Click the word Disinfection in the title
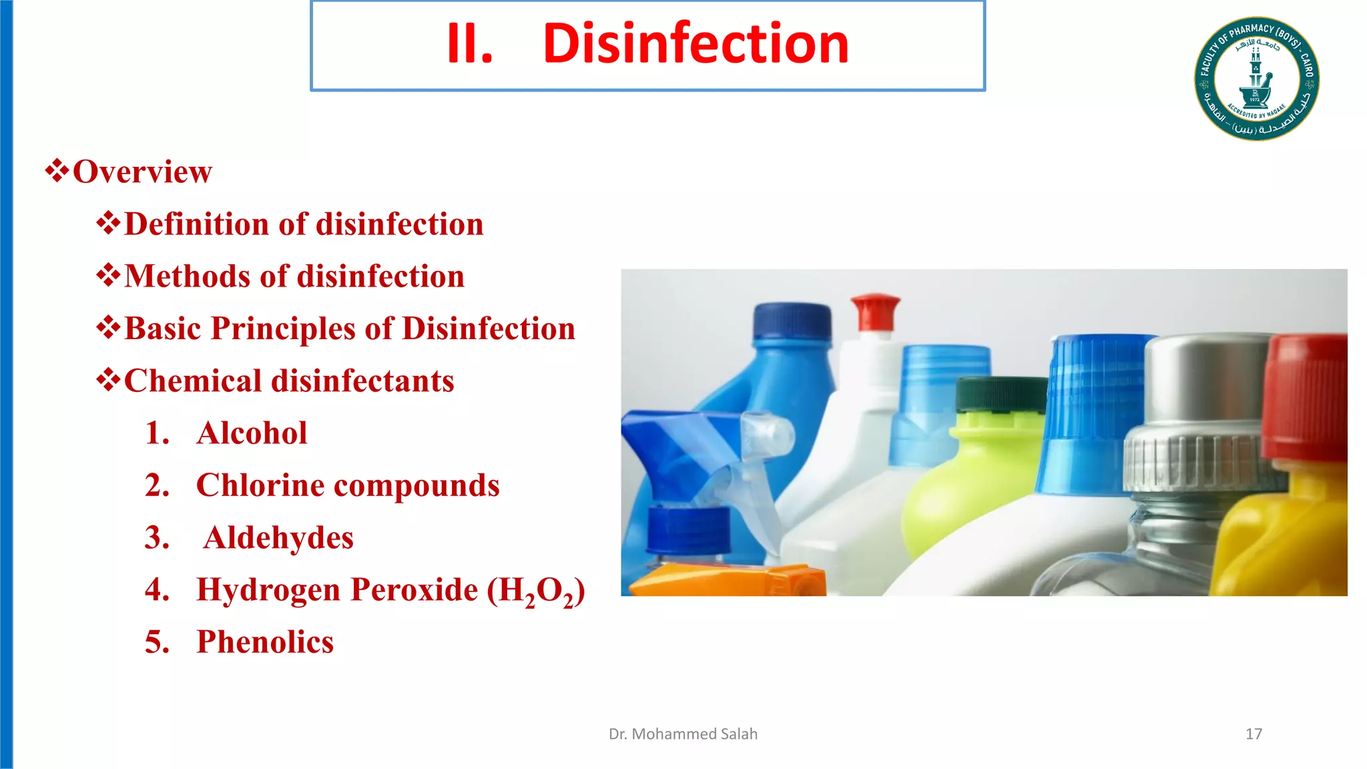click(x=696, y=44)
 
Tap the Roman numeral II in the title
click(x=469, y=44)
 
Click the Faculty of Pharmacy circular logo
click(x=1256, y=79)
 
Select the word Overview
click(x=142, y=172)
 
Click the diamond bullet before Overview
click(x=57, y=171)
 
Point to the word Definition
click(x=197, y=224)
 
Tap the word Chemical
click(x=192, y=381)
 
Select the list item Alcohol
click(x=252, y=433)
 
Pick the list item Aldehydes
click(x=278, y=538)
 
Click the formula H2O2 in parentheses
click(x=536, y=591)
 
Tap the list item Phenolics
click(x=264, y=642)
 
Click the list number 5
click(x=157, y=642)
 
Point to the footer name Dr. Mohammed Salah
click(x=683, y=734)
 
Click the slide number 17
click(x=1254, y=734)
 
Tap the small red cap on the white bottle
click(x=875, y=311)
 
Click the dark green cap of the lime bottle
click(x=1000, y=395)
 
